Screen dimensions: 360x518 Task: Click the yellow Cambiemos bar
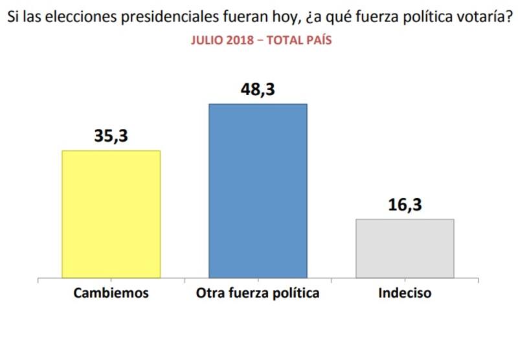(x=110, y=214)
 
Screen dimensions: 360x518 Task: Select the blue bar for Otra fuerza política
(x=258, y=191)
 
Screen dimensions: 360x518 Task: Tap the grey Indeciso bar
(x=405, y=249)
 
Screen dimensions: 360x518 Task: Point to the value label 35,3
(x=110, y=137)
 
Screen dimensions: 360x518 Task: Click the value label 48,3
(x=258, y=89)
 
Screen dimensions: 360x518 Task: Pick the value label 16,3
(x=405, y=205)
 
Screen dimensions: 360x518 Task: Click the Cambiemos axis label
(x=111, y=293)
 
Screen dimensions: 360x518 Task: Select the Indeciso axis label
(x=405, y=293)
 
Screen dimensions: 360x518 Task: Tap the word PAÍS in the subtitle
(x=317, y=40)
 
